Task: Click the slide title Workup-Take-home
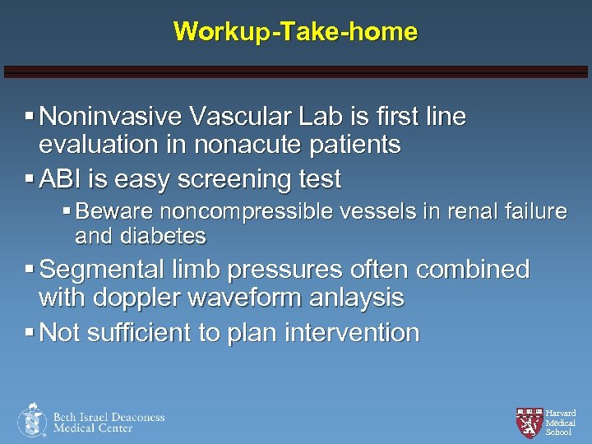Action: tap(295, 32)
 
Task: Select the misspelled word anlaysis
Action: tap(357, 298)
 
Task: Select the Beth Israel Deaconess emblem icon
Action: tap(32, 420)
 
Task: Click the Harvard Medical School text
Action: tap(560, 423)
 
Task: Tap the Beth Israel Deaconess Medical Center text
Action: tap(109, 422)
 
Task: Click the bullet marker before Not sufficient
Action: tap(30, 332)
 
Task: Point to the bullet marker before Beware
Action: tap(67, 212)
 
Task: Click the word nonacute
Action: tap(243, 146)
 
